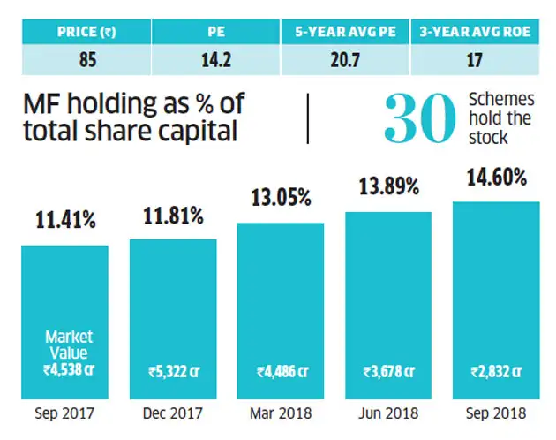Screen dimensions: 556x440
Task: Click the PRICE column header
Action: (86, 32)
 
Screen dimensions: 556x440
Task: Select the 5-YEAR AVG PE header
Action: (345, 32)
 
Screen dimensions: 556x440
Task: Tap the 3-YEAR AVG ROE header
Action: (475, 32)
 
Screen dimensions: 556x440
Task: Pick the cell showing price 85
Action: (87, 59)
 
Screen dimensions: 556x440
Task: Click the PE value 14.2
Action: (216, 59)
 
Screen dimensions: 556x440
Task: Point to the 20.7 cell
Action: (345, 59)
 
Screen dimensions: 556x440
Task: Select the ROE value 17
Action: (475, 59)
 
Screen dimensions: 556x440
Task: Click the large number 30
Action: (420, 118)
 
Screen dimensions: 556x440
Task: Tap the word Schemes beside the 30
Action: (501, 99)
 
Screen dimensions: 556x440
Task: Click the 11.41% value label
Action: (65, 220)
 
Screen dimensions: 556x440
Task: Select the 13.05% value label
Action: (282, 198)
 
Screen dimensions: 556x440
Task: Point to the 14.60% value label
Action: (497, 178)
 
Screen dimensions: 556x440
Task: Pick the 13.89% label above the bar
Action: (389, 186)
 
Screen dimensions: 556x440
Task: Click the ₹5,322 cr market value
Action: (174, 372)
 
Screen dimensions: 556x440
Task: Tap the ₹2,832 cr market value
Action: (496, 372)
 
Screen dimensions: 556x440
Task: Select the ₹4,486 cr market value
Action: (282, 372)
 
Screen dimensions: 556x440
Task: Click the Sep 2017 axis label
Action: (64, 413)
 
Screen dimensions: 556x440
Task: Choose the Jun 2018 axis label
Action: (388, 413)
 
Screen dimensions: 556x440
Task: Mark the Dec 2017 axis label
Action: (173, 413)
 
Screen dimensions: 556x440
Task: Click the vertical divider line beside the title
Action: (308, 118)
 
